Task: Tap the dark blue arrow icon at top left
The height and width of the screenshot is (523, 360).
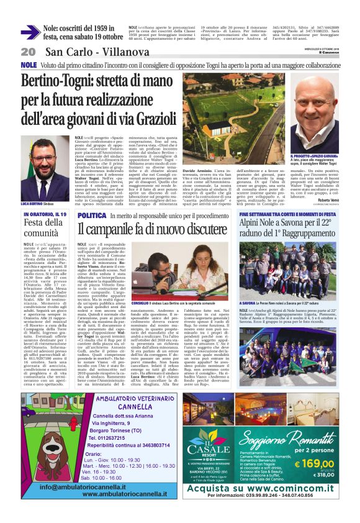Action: click(30, 32)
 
